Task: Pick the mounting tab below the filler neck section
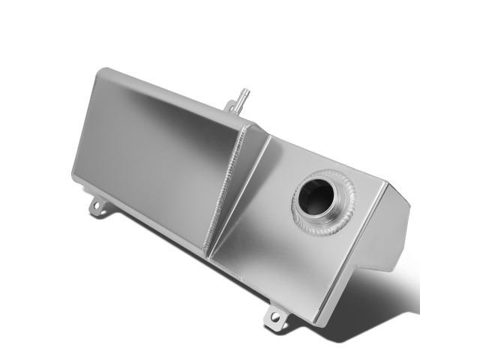tap(275, 318)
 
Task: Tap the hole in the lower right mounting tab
tap(275, 319)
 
